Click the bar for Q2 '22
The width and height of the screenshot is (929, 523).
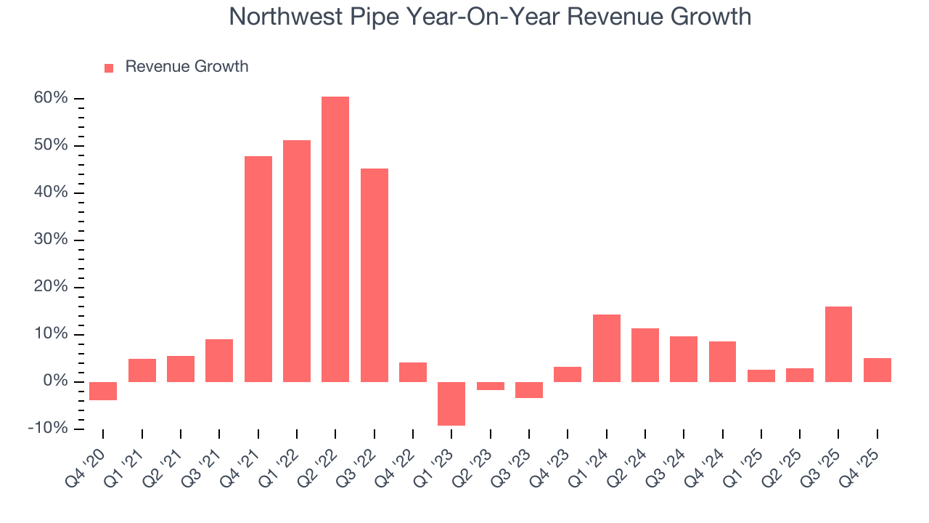335,240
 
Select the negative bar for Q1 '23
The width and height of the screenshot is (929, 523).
451,404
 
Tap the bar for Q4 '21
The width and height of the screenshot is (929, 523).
258,269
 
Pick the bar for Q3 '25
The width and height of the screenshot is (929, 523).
838,344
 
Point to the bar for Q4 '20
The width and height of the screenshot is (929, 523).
103,392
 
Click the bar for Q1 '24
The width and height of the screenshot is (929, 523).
606,349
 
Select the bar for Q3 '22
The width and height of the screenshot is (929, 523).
375,275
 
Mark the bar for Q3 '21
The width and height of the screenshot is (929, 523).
219,360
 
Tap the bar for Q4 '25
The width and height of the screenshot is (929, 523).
877,370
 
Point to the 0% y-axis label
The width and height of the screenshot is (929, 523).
55,381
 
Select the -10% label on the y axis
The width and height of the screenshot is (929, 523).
48,429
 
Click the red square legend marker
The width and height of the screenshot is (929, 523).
109,68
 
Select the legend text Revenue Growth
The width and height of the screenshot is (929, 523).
187,67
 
